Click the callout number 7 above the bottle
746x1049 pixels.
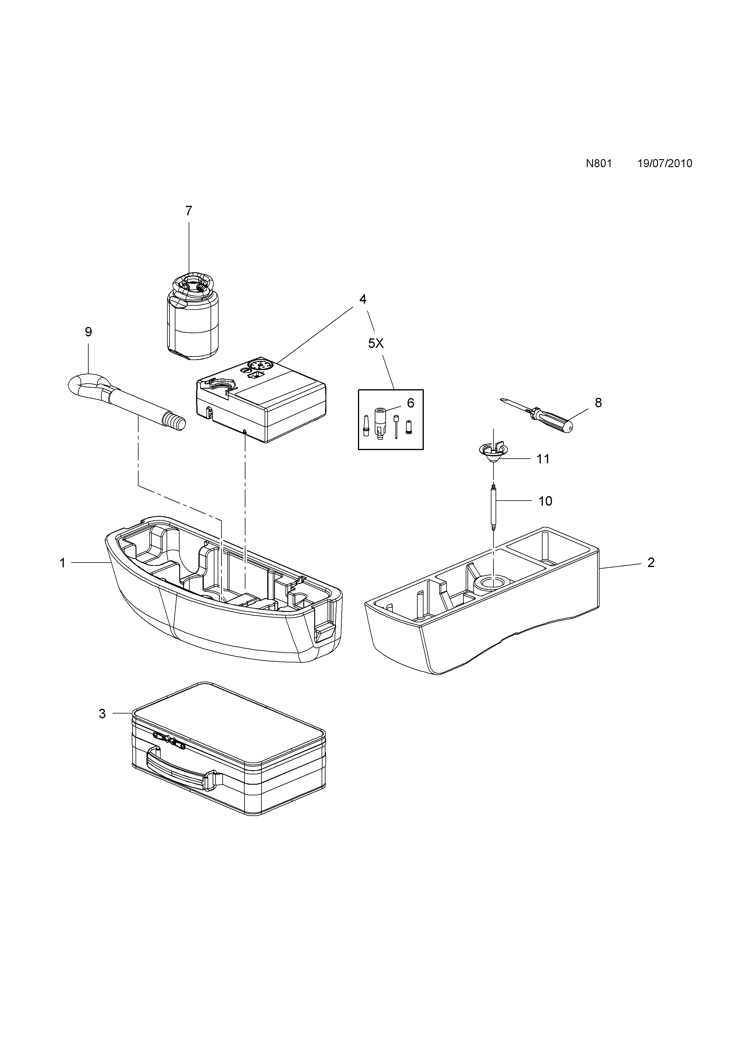[x=188, y=211]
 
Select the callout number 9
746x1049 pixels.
[x=89, y=332]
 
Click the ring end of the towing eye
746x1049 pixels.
[x=87, y=385]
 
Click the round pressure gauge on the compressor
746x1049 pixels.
[x=260, y=366]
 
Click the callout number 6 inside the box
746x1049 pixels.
[x=410, y=403]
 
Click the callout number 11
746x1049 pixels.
[x=543, y=459]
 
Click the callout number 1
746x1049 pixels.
[x=63, y=563]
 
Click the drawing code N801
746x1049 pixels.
[x=599, y=164]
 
